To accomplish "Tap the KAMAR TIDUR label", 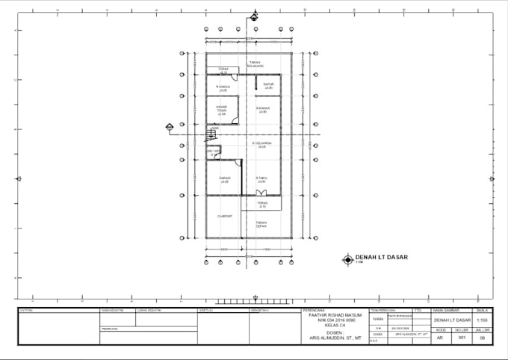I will coord(221,110).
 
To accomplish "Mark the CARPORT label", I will coord(224,217).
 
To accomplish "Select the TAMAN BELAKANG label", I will coord(255,63).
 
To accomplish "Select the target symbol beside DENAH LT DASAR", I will coord(347,259).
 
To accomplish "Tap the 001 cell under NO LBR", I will coord(462,338).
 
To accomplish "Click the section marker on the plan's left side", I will coord(170,128).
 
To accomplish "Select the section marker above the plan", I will coord(254,16).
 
